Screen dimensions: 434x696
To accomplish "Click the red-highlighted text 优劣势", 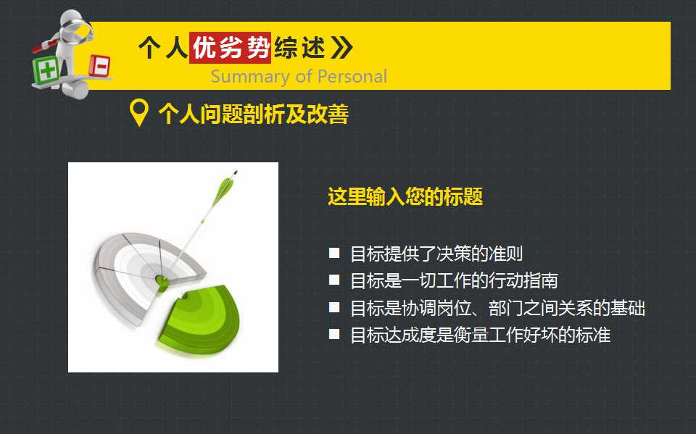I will point(230,48).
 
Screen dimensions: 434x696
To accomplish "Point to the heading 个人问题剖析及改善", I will point(253,114).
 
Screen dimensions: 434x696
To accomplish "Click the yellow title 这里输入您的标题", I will point(405,197).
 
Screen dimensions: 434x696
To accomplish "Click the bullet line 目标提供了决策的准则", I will point(436,254).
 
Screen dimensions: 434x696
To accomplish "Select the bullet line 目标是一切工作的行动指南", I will point(453,280).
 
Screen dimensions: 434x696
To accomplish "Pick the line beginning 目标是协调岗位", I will point(497,308).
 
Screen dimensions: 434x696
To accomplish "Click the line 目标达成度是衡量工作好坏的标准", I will point(480,335).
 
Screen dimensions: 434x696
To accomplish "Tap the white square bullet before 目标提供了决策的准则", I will point(333,253).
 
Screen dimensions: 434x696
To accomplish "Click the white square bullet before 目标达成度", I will point(333,334).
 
